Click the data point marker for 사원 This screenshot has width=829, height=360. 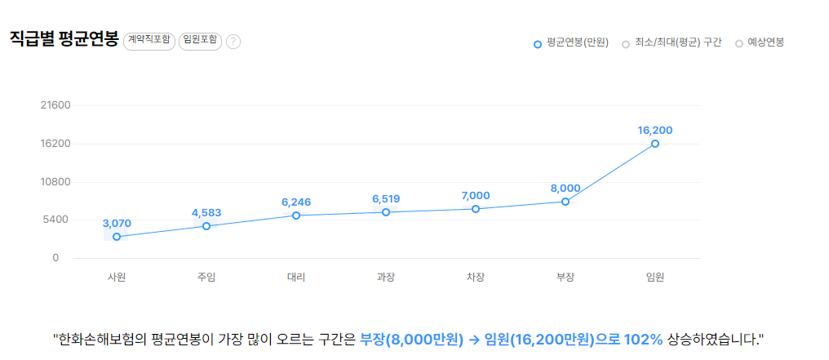point(117,237)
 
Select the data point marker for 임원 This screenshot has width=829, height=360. point(655,144)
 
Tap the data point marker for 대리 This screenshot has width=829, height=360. point(296,216)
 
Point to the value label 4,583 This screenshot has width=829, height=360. point(206,213)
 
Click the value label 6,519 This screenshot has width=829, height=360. point(386,198)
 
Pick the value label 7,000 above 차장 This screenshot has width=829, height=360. point(476,195)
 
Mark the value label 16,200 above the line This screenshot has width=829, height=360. point(655,130)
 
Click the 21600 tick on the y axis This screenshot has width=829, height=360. point(56,105)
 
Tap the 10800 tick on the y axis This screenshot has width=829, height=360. point(56,181)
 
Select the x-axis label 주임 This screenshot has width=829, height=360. point(206,277)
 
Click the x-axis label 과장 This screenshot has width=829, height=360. point(386,277)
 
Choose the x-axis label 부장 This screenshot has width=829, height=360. point(565,277)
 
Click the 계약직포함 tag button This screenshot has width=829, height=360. point(149,41)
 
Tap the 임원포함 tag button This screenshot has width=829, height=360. point(201,41)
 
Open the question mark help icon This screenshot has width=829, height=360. point(233,42)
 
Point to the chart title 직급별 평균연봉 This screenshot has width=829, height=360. point(64,39)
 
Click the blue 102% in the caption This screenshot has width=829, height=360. point(643,338)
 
